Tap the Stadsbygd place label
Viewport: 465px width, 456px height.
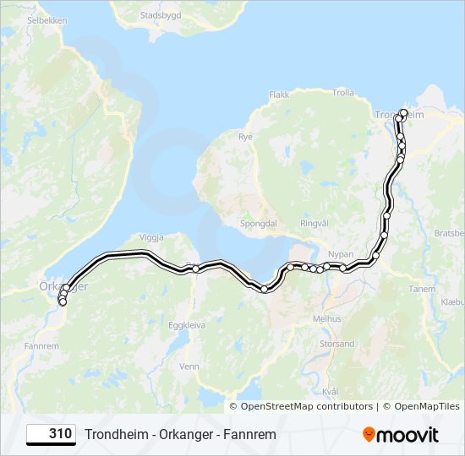pos(161,15)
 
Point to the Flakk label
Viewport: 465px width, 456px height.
pos(279,95)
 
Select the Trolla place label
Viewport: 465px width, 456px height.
pos(343,92)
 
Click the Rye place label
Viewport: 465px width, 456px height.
pos(245,136)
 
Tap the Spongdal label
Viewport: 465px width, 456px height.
pos(258,225)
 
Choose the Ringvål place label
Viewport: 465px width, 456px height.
pos(314,224)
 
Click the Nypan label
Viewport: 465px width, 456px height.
pos(341,253)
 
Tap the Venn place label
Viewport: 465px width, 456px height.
pos(189,366)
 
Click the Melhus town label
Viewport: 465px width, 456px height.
pos(326,318)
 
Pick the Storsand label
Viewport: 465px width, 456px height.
pos(336,344)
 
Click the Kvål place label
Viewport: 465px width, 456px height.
pos(331,391)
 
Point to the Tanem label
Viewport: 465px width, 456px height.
pos(421,288)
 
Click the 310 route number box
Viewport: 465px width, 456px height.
pos(52,434)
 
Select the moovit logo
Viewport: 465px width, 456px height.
pos(401,435)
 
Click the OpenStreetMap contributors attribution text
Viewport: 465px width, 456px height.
pos(307,406)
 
